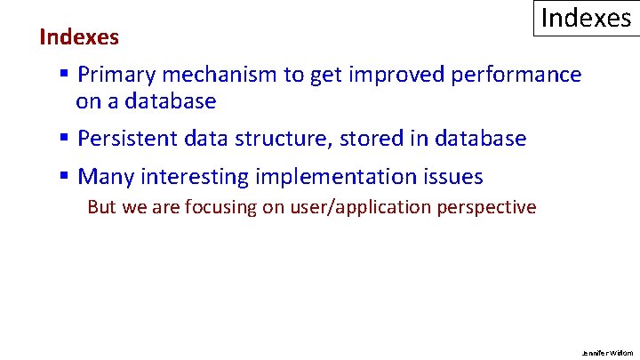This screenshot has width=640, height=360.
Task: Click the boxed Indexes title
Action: click(x=586, y=18)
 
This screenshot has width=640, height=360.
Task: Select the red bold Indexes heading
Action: click(x=79, y=37)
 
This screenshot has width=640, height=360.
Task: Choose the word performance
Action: click(x=516, y=75)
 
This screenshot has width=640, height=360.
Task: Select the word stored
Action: click(x=392, y=139)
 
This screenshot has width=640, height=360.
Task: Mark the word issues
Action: click(x=453, y=177)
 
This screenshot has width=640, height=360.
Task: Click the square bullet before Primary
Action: click(x=65, y=75)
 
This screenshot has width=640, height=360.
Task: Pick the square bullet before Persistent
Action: click(x=65, y=139)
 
